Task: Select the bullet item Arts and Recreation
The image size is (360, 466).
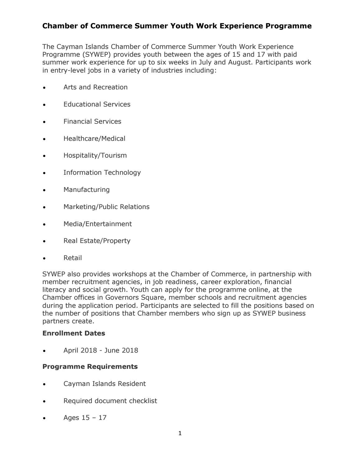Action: pos(95,87)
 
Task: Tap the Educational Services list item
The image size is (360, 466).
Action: pos(97,104)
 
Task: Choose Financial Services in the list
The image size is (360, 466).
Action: pos(92,121)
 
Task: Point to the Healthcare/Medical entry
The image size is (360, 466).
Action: pos(94,139)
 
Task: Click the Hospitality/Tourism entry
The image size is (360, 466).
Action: pos(95,155)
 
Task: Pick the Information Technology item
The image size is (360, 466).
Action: pos(102,173)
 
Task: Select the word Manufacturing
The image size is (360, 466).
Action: pos(86,190)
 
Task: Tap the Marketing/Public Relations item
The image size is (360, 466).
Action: pos(106,207)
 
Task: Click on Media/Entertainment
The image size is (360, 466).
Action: pos(97,224)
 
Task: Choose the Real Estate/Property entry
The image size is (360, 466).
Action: pos(97,241)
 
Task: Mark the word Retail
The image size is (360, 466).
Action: pos(73,258)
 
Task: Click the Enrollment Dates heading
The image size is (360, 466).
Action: pos(73,333)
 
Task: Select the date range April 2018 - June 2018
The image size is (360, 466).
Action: pos(101,350)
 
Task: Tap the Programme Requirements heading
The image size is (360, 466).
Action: pos(90,367)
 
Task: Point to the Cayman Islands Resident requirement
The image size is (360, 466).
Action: pos(104,384)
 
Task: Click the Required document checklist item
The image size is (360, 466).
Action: pos(110,401)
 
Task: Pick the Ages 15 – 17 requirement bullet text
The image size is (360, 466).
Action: pos(85,418)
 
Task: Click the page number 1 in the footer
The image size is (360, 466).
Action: pos(180,433)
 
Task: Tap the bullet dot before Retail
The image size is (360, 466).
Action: pos(45,259)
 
